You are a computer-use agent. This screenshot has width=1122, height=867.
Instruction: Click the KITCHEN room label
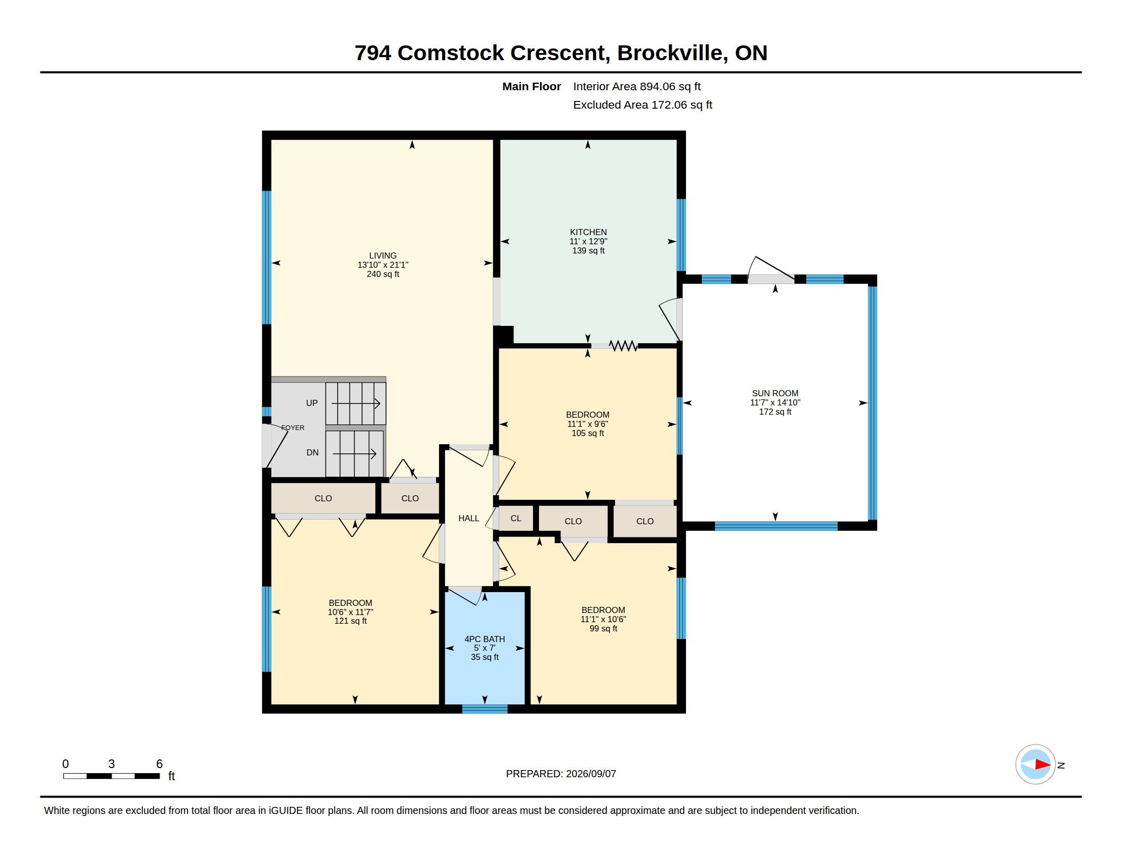pos(588,232)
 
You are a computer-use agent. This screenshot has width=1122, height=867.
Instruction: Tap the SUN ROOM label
pos(775,393)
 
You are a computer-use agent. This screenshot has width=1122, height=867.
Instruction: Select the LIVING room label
pos(382,256)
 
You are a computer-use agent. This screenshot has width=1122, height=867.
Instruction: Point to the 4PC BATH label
pos(484,639)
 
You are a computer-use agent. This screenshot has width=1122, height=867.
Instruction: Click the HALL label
pos(469,518)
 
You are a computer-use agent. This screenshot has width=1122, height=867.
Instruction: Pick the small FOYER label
pos(293,427)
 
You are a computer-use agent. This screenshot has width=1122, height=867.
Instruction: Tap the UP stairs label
pos(312,403)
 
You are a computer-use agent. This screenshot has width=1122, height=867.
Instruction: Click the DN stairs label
pos(312,452)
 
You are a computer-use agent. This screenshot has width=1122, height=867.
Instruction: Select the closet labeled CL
pos(516,518)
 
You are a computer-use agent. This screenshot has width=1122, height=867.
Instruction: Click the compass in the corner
pos(1035,764)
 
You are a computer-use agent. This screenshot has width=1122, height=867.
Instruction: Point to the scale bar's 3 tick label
pos(112,764)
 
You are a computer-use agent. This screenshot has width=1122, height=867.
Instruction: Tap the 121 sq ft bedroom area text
pos(350,621)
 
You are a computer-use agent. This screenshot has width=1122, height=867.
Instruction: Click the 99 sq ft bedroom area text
pos(603,628)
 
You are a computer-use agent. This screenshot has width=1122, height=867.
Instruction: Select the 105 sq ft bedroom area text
pos(588,433)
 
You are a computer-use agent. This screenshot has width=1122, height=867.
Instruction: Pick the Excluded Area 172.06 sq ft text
pos(643,105)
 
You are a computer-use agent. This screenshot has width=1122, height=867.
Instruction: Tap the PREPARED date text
pos(561,774)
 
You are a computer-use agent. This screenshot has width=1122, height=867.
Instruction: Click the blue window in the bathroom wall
pos(484,709)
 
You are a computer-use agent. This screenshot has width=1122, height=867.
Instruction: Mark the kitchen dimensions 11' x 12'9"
pos(588,241)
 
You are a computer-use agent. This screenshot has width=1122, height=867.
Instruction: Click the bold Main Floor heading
pos(531,86)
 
